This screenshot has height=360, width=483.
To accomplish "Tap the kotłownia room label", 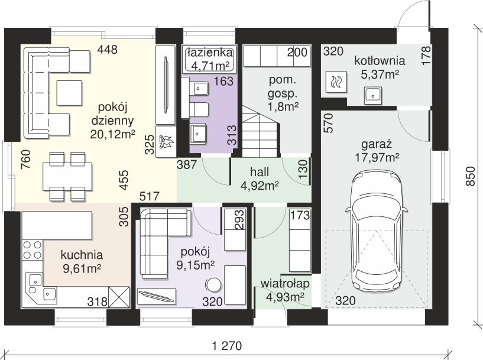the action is (x=380, y=61).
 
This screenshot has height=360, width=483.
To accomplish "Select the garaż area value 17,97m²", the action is (x=377, y=158).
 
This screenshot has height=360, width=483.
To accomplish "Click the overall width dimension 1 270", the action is (x=228, y=346).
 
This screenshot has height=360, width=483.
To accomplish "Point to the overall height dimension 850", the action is (x=471, y=176).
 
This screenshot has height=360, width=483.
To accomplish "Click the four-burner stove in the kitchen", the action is (x=33, y=249).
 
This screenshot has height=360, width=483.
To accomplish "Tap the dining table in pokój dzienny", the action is (x=67, y=176).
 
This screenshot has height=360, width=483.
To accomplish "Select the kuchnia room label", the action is (x=82, y=255).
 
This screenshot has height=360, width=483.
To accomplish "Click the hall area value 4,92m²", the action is (x=260, y=186).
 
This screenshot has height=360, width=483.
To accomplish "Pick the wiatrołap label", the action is (x=285, y=284).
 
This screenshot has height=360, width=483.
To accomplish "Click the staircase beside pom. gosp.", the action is (x=261, y=131).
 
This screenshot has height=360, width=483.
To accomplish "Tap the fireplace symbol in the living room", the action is (x=166, y=142).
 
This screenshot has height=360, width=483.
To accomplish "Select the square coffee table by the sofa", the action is (x=69, y=93).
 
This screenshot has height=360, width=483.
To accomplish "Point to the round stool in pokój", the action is (x=213, y=285).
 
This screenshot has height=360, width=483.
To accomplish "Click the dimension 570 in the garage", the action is (x=329, y=123).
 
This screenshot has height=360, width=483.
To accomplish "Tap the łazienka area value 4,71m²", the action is (x=209, y=66).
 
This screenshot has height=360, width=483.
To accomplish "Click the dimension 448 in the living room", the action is (x=107, y=49).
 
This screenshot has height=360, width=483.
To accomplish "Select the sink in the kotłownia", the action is (x=374, y=95).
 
